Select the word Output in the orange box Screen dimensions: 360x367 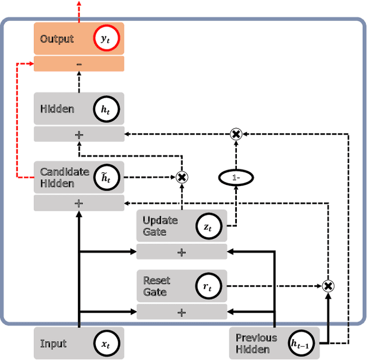[57, 39]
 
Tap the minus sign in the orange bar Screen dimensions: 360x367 [79, 64]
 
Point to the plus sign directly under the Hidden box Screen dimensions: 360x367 [79, 134]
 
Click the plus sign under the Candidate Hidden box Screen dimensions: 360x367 [79, 203]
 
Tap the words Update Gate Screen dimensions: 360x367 [160, 226]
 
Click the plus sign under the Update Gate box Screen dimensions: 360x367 [181, 251]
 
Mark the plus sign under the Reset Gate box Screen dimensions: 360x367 [181, 312]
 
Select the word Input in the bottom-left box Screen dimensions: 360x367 [53, 343]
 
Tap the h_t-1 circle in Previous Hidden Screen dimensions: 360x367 [303, 343]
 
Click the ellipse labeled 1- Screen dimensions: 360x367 [236, 178]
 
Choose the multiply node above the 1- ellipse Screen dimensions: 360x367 [236, 134]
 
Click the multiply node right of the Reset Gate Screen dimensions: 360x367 [328, 286]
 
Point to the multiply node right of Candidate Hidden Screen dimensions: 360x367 [182, 177]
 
